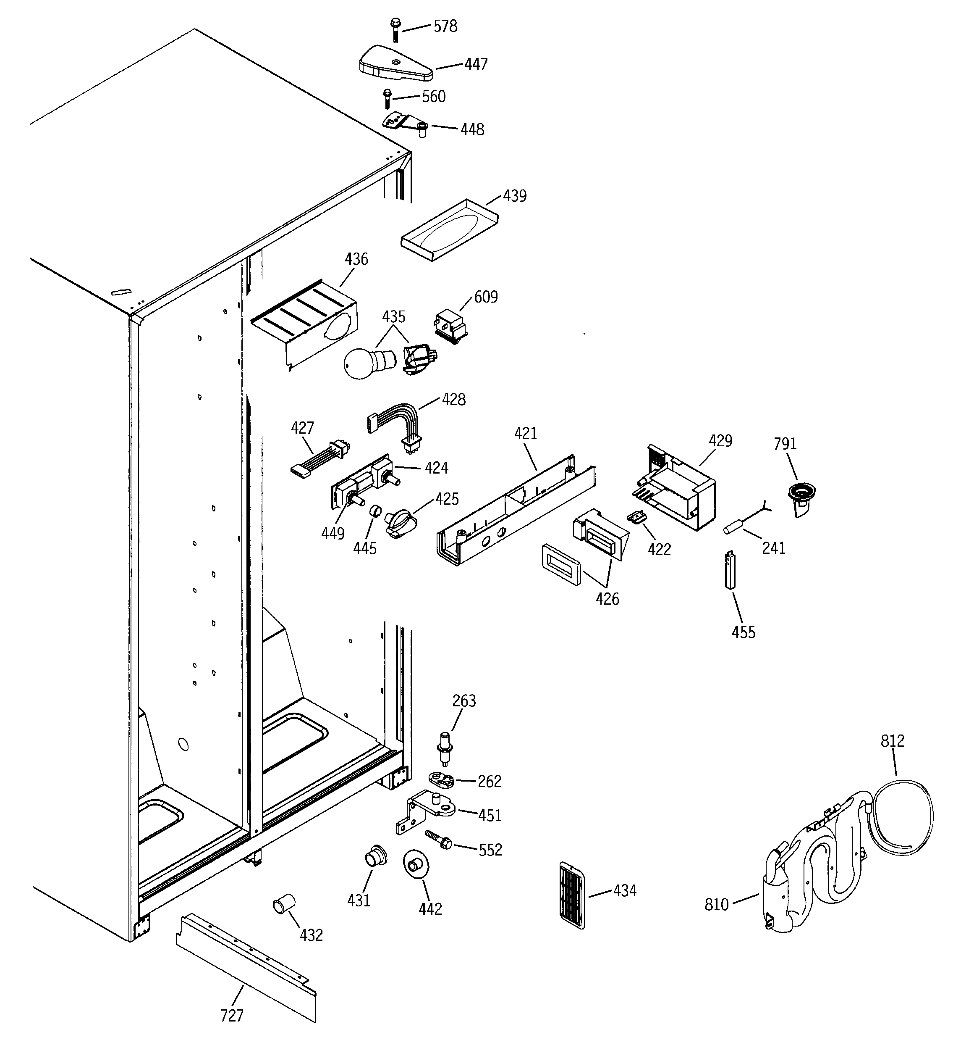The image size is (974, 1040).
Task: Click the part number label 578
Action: tap(445, 26)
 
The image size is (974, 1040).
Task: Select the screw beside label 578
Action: tap(394, 30)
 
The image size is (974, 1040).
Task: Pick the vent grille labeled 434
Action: tap(572, 895)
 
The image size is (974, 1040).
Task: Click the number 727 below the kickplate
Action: tap(232, 1015)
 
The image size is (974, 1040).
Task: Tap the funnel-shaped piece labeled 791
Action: tap(801, 498)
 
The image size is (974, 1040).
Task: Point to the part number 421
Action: tap(526, 433)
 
